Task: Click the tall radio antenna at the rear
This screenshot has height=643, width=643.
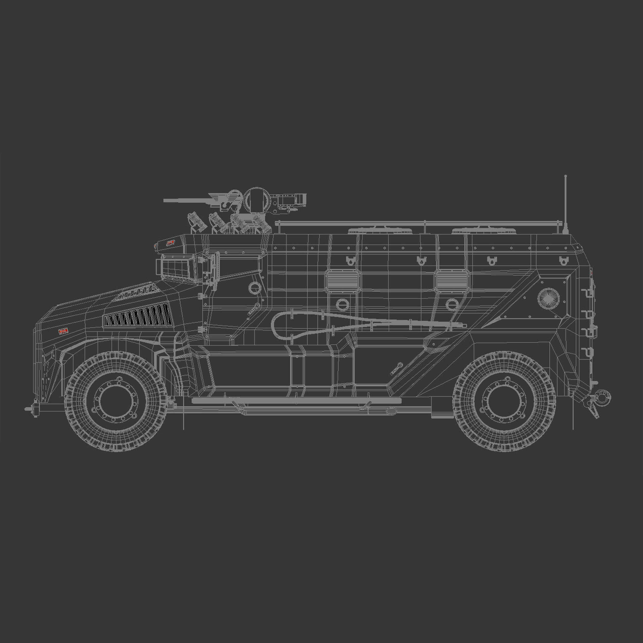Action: (x=565, y=203)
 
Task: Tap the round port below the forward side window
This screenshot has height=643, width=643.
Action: (x=343, y=304)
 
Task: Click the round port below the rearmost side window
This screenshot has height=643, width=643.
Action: (x=452, y=304)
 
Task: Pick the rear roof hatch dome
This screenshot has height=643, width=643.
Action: (x=483, y=230)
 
